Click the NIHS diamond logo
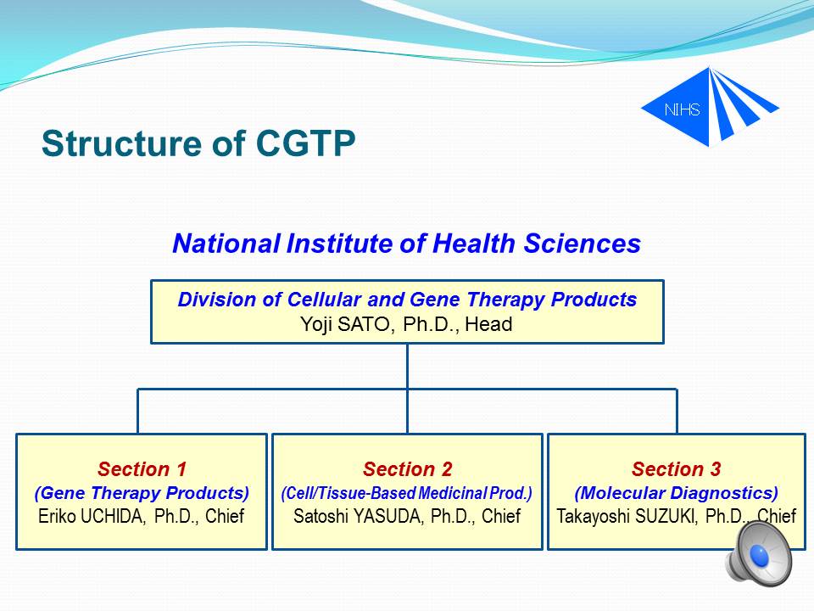tap(710, 107)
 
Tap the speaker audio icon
tap(758, 554)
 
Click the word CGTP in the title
tap(305, 143)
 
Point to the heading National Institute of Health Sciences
tap(406, 244)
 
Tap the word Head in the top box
tap(488, 324)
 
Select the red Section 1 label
tap(142, 468)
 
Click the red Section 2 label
tap(408, 468)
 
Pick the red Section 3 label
tap(677, 468)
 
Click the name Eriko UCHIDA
tap(92, 516)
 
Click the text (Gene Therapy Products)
tap(142, 492)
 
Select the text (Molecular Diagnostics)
tap(677, 492)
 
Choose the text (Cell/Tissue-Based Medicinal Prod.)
tap(407, 492)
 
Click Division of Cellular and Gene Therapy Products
tap(407, 300)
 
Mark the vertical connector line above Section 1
tap(137, 411)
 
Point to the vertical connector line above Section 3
tap(677, 411)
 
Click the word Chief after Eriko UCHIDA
tap(225, 516)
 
